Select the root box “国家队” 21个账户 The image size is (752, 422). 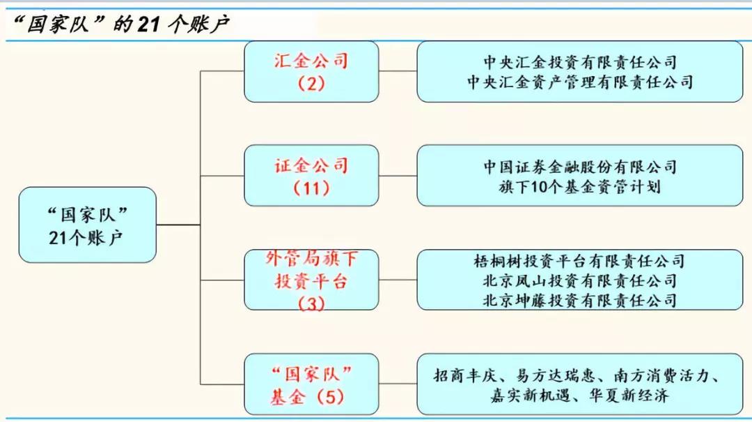tap(87, 225)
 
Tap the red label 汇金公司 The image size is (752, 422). tap(311, 61)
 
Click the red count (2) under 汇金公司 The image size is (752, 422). tap(311, 84)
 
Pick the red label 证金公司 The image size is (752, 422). tap(311, 166)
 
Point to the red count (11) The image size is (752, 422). tap(311, 188)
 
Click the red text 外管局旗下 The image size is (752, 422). tap(311, 259)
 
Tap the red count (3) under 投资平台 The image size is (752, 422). tap(311, 304)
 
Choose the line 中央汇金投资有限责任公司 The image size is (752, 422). tap(579, 63)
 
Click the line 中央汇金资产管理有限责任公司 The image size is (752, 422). tap(579, 82)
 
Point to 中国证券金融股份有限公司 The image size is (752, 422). tap(579, 167)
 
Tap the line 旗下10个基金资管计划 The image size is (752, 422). tap(579, 187)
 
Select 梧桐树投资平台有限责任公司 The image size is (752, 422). tap(579, 262)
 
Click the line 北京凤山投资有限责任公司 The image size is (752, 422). tap(579, 281)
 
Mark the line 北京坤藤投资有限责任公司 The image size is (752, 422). tap(579, 301)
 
